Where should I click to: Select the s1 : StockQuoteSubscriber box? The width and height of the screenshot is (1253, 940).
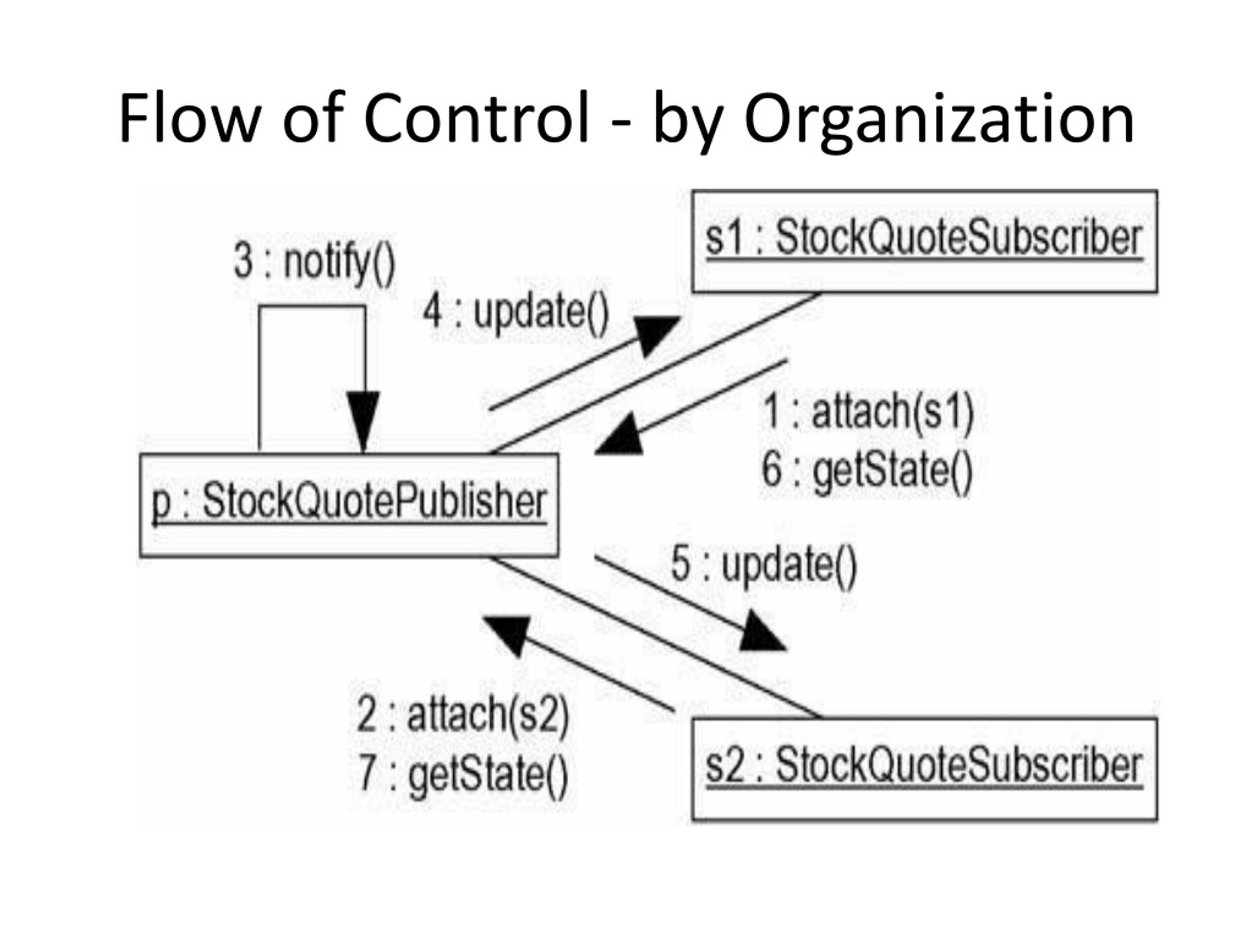[x=925, y=241]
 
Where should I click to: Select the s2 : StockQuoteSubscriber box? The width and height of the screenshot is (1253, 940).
[x=925, y=769]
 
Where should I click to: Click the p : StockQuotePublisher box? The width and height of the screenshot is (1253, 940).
[x=349, y=505]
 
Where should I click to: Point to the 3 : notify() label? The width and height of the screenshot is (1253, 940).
[x=314, y=264]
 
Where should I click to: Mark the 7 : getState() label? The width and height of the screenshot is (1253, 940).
[x=464, y=774]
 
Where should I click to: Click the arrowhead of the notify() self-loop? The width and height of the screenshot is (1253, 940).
[x=364, y=423]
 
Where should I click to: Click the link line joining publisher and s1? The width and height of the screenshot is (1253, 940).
[x=655, y=373]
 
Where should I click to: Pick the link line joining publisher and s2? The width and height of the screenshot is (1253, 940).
[x=655, y=638]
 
